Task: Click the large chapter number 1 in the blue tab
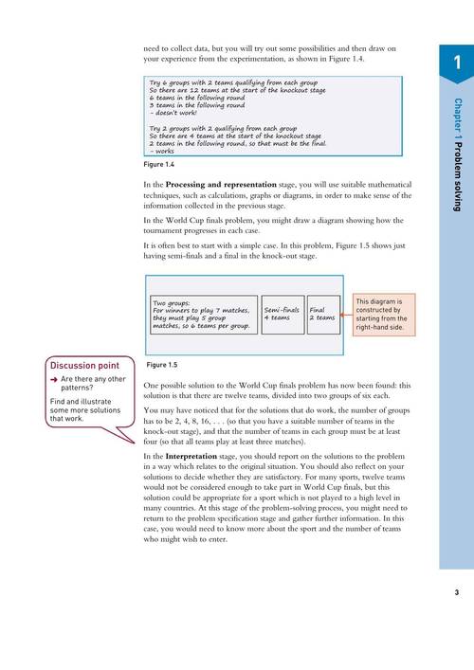[456, 63]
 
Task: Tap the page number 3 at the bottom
[456, 593]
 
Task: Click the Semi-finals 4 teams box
[281, 314]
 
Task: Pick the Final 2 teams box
[322, 314]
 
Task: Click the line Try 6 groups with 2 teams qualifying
[216, 83]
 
